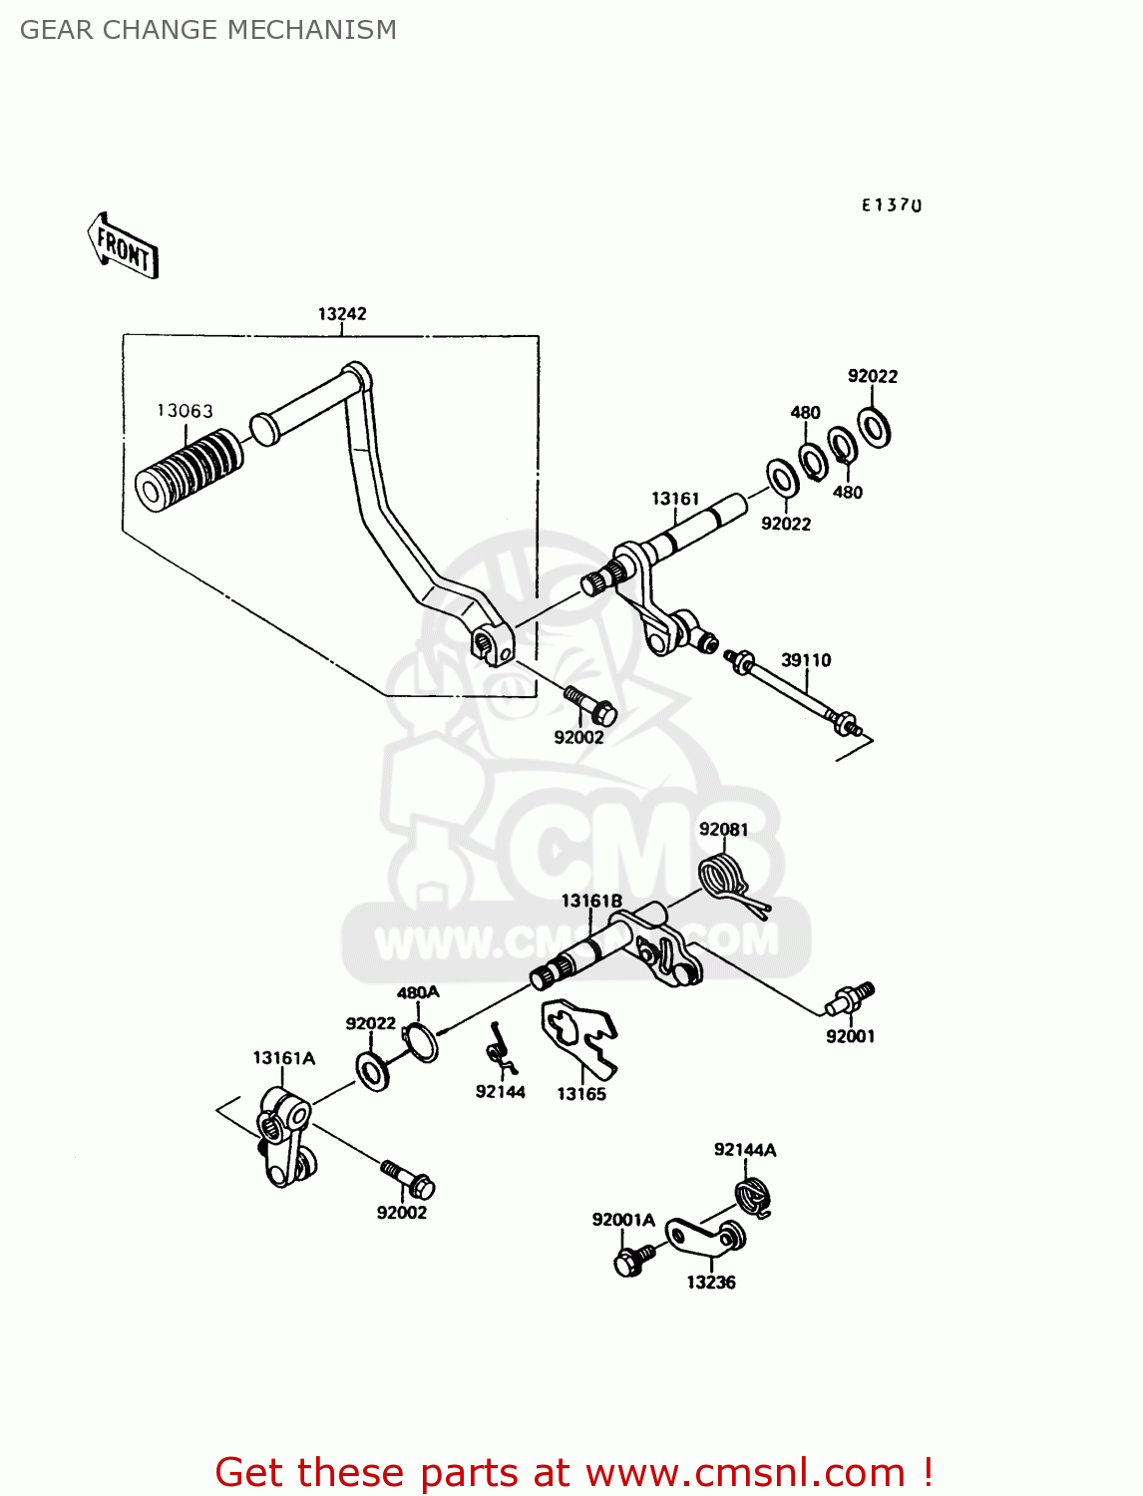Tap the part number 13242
(342, 314)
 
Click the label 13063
(185, 411)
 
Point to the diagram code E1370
(892, 205)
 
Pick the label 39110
(806, 660)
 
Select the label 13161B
(591, 902)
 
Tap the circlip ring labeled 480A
(420, 1042)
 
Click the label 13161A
(283, 1058)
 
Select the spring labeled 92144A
(755, 1195)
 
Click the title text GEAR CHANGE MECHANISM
(207, 30)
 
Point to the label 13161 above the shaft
(675, 499)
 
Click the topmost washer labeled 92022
(874, 427)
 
